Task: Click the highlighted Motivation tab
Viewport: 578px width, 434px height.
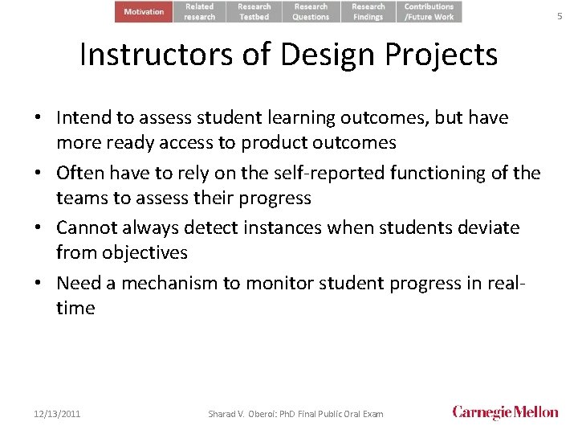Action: click(x=144, y=12)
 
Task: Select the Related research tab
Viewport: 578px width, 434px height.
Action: click(x=200, y=12)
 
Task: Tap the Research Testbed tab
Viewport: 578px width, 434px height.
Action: click(x=254, y=12)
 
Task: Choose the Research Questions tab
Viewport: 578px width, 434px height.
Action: click(x=311, y=12)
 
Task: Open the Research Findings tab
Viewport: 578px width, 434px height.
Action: click(x=368, y=12)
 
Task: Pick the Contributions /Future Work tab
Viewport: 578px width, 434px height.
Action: click(x=429, y=12)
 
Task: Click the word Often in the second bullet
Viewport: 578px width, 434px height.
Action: click(x=80, y=173)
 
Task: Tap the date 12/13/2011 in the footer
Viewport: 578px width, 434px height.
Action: click(x=57, y=414)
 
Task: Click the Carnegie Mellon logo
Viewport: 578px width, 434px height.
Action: click(x=505, y=412)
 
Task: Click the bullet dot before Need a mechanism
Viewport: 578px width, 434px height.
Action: click(x=39, y=284)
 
